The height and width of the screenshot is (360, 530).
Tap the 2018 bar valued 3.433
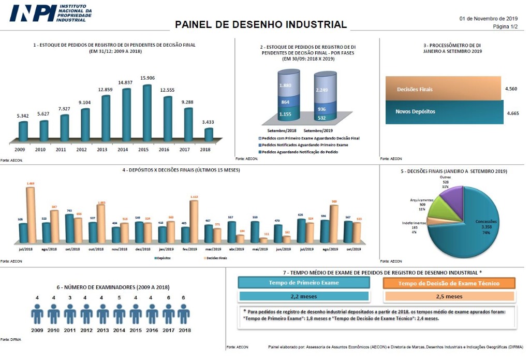pos(209,134)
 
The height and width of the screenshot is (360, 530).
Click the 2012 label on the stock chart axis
pos(81,149)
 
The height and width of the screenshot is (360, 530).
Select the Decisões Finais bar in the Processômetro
pos(443,89)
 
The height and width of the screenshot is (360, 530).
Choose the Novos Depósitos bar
pos(444,112)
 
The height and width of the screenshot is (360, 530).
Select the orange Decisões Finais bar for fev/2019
pos(194,222)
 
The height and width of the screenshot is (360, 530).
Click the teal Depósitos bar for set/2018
pos(69,229)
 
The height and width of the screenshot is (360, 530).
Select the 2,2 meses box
pos(304,297)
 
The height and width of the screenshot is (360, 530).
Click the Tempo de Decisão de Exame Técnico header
pos(449,283)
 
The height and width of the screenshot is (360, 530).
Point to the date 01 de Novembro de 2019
pos(489,18)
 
